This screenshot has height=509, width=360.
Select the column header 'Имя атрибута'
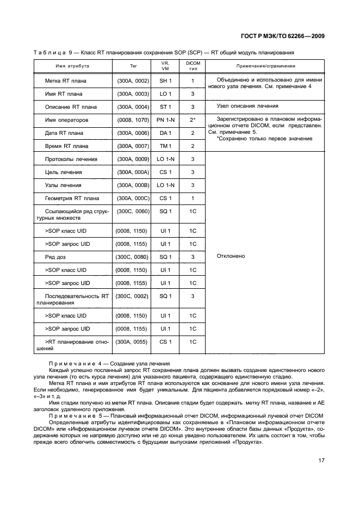point(73,66)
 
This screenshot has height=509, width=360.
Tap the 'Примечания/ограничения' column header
point(266,66)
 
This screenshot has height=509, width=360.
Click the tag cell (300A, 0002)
point(133,81)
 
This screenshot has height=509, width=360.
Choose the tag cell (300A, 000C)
point(133,198)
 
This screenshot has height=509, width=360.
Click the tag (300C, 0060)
point(133,211)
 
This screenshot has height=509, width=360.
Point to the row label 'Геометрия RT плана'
point(72,198)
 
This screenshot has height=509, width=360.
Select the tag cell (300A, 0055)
point(133,342)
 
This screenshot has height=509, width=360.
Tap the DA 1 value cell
point(165,133)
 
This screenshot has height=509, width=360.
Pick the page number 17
point(321,460)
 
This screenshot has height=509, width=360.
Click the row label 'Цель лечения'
point(64,172)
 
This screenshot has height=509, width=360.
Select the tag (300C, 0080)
point(133,257)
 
